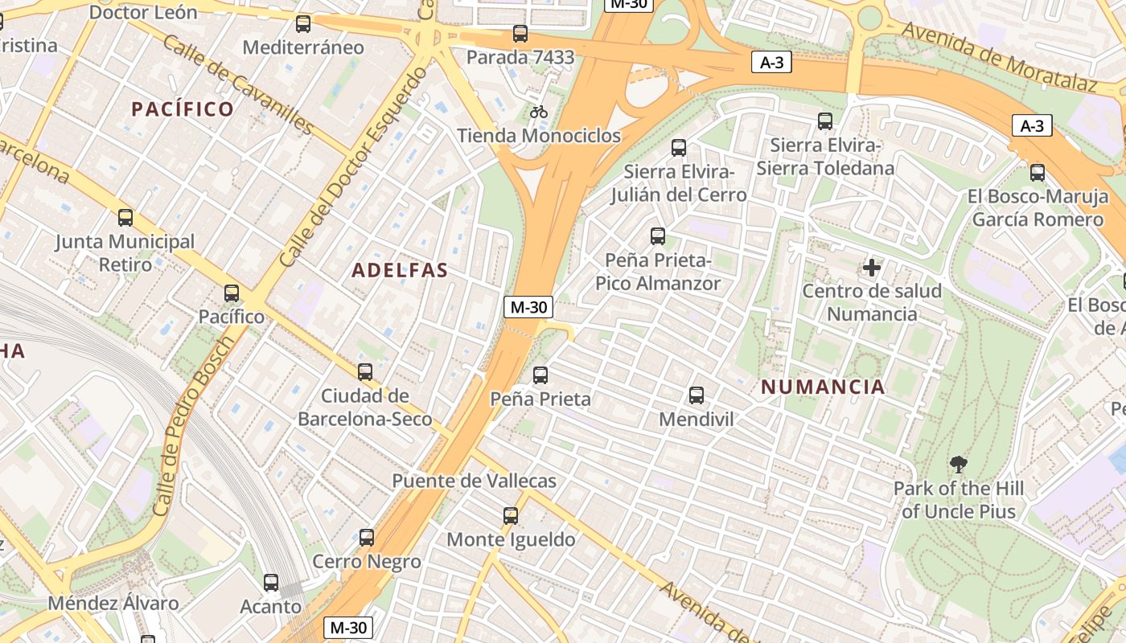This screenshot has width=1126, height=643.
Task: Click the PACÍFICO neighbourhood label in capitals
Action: (183, 109)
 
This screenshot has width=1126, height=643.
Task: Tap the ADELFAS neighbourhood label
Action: (400, 270)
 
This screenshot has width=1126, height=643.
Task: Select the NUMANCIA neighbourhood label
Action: (823, 387)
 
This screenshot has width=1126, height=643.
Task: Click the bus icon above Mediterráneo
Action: (303, 24)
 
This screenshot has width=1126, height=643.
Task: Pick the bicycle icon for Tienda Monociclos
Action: (539, 112)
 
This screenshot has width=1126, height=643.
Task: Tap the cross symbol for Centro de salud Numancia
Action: (872, 267)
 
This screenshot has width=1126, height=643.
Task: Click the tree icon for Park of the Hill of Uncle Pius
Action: (958, 464)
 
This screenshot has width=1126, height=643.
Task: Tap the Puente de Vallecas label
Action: (474, 481)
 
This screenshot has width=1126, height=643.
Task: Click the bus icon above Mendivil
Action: (697, 395)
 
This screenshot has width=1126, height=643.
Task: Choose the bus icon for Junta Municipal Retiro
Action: (125, 218)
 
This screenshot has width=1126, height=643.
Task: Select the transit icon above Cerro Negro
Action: (367, 538)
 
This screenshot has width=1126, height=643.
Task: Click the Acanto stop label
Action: (271, 606)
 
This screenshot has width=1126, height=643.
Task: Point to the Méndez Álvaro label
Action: (113, 603)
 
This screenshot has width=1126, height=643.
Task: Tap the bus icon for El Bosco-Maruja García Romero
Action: (1038, 173)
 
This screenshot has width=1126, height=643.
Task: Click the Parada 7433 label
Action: (520, 57)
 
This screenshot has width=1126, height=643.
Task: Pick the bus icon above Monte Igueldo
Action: (511, 516)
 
